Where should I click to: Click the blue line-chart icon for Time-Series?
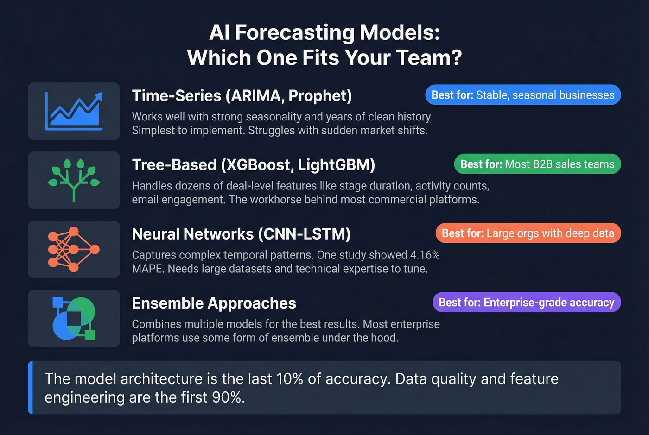[74, 111]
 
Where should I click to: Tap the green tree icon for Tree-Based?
[74, 180]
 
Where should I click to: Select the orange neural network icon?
[74, 249]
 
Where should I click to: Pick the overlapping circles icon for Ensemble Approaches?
[74, 319]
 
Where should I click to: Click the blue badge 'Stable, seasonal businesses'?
[522, 95]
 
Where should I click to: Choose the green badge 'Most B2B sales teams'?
[537, 164]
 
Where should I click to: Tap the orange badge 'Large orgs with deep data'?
[528, 233]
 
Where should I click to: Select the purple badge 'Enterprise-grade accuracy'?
[526, 303]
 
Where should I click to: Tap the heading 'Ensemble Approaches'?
[214, 303]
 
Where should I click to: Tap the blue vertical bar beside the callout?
[31, 387]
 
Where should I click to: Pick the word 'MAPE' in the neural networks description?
[147, 269]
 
